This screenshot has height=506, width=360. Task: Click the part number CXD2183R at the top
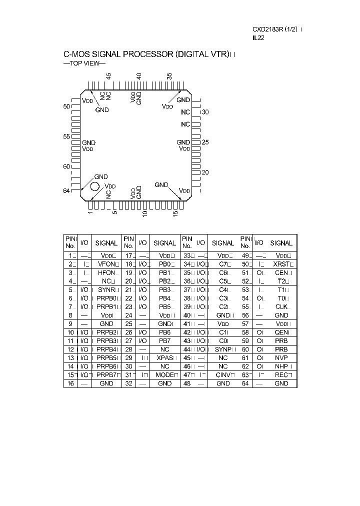click(x=267, y=29)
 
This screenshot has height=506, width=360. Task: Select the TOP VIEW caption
click(x=84, y=63)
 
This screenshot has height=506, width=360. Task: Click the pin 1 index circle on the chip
click(x=94, y=186)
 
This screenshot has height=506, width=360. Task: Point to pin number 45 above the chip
click(x=108, y=76)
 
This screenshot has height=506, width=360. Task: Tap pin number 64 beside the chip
click(x=66, y=190)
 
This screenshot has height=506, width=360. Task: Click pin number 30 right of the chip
click(x=205, y=112)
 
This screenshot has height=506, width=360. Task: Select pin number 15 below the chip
click(x=175, y=213)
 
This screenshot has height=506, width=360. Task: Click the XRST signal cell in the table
click(x=281, y=263)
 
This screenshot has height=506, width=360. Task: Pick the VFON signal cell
click(x=107, y=263)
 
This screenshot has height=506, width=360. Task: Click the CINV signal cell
click(x=222, y=375)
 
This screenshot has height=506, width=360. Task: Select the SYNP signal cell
click(x=222, y=349)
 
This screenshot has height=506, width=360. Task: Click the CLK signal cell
click(x=281, y=306)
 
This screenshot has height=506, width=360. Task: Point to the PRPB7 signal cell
click(x=107, y=375)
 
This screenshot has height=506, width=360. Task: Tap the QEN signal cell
click(x=281, y=332)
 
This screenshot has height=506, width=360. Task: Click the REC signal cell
click(x=281, y=375)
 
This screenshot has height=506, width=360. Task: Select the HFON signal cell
click(x=107, y=272)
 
